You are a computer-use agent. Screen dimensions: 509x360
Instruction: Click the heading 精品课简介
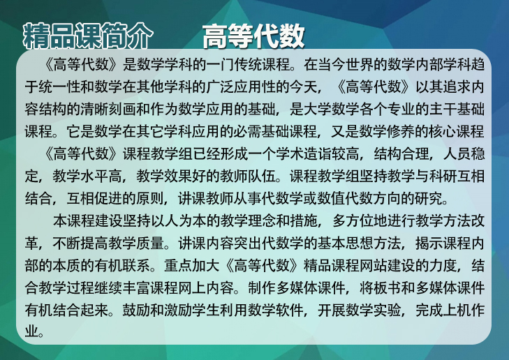coord(88,36)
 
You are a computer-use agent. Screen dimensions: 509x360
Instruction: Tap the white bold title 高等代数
coord(253,36)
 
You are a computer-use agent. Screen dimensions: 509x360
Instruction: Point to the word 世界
coord(360,64)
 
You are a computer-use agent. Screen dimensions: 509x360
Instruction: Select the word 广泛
coord(220,87)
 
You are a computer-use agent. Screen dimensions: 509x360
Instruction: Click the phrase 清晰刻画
coord(108,109)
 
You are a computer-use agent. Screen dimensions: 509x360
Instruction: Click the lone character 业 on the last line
coord(32,332)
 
